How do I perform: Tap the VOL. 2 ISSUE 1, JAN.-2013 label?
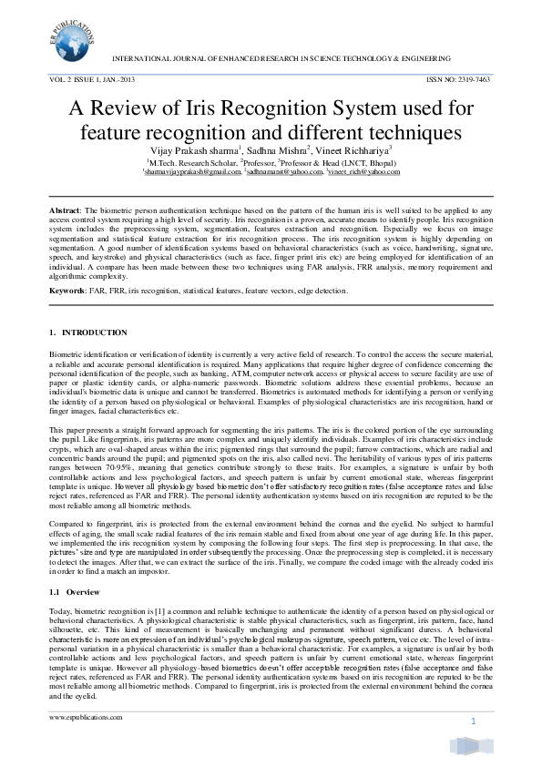click(91, 80)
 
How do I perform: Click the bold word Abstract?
click(65, 210)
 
